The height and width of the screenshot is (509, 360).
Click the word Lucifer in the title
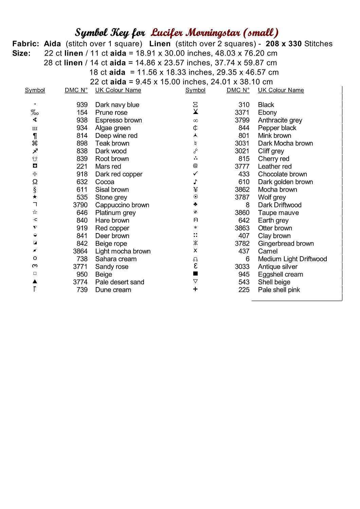click(167, 33)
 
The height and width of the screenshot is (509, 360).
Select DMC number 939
click(82, 105)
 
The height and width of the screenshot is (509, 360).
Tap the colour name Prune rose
click(111, 113)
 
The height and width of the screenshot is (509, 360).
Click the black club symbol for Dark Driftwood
click(195, 204)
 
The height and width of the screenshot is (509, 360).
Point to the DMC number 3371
click(242, 113)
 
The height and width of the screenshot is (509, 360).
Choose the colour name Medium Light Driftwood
click(292, 259)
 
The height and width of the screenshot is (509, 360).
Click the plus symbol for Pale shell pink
click(195, 289)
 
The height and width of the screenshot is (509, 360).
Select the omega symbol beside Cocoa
click(35, 182)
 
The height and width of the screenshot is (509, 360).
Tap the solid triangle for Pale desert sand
click(35, 282)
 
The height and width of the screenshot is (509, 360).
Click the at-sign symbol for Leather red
click(195, 166)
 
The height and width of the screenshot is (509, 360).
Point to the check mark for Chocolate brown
click(195, 174)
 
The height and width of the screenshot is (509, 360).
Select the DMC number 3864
click(80, 251)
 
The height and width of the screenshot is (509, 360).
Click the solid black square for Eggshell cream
click(195, 274)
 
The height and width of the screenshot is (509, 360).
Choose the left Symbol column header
click(35, 90)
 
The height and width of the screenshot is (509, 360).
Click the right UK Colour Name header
click(281, 90)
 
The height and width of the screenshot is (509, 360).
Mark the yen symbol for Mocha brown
click(195, 189)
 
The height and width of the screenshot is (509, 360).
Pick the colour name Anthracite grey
click(280, 120)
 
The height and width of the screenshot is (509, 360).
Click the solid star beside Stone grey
click(35, 197)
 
